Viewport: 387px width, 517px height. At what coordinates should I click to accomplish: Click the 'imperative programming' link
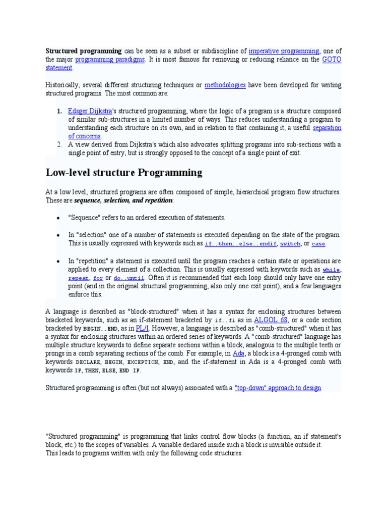[x=284, y=51]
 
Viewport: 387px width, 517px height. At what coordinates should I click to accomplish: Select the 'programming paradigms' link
[x=110, y=60]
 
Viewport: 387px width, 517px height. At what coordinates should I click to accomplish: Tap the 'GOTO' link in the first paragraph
[x=332, y=60]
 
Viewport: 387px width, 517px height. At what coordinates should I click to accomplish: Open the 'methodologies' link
[x=225, y=85]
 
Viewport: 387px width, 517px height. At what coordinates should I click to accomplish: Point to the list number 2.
[x=59, y=144]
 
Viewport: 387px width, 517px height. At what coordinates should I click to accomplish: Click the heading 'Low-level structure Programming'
[x=124, y=173]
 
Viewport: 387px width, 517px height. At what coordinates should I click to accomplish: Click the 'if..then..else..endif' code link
[x=240, y=244]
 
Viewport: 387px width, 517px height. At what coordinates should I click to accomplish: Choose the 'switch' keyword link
[x=290, y=244]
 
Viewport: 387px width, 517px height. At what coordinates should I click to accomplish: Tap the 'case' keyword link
[x=318, y=244]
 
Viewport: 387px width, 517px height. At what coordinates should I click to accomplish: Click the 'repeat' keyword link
[x=79, y=278]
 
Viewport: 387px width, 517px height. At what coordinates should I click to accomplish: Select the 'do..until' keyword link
[x=129, y=278]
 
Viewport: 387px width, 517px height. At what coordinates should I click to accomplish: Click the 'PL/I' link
[x=142, y=329]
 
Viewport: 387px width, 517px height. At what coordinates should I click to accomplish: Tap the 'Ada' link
[x=238, y=354]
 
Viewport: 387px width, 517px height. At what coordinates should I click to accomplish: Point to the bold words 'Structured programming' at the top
[x=84, y=51]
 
